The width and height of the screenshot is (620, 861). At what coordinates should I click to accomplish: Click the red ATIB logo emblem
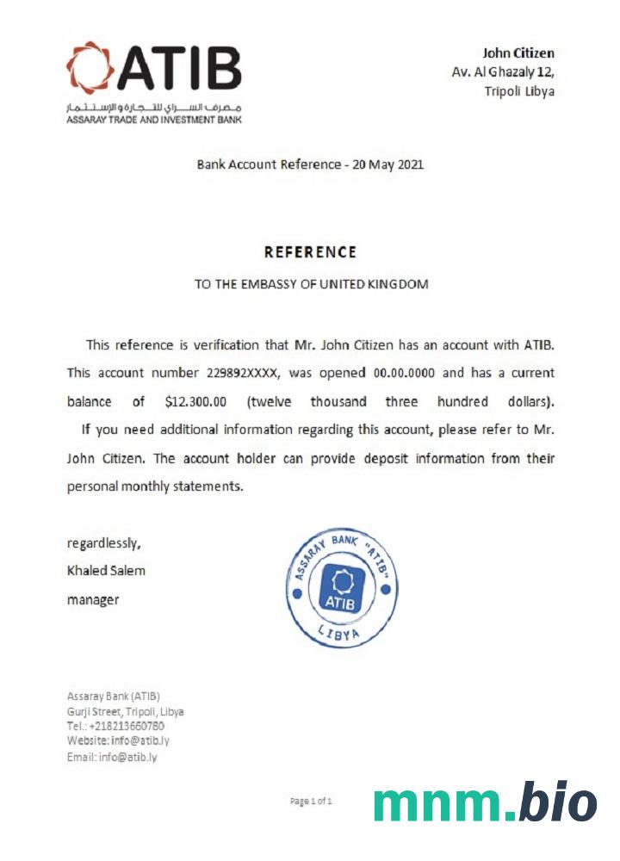pos(90,67)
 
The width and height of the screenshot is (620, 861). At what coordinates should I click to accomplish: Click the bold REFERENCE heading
pos(310,252)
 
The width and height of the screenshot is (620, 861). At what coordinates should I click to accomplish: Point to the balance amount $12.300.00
pos(201,402)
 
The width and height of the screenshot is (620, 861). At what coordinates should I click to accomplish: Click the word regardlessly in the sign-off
pos(103,542)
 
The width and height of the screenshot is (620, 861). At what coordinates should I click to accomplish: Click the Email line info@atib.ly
pos(112,757)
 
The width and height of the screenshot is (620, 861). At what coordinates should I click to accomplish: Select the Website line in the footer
pos(118,741)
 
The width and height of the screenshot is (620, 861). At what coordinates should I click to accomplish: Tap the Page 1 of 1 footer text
pos(311,802)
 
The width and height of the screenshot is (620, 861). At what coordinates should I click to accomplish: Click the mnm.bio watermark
pos(485,802)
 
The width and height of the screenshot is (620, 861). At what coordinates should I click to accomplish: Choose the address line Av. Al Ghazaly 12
pos(503,72)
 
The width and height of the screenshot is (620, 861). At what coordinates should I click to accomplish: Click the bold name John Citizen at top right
pos(518,53)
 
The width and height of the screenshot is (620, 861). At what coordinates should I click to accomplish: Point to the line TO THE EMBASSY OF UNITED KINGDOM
pos(311,284)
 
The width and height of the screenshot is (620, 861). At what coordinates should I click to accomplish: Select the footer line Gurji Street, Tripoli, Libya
pos(126,711)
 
